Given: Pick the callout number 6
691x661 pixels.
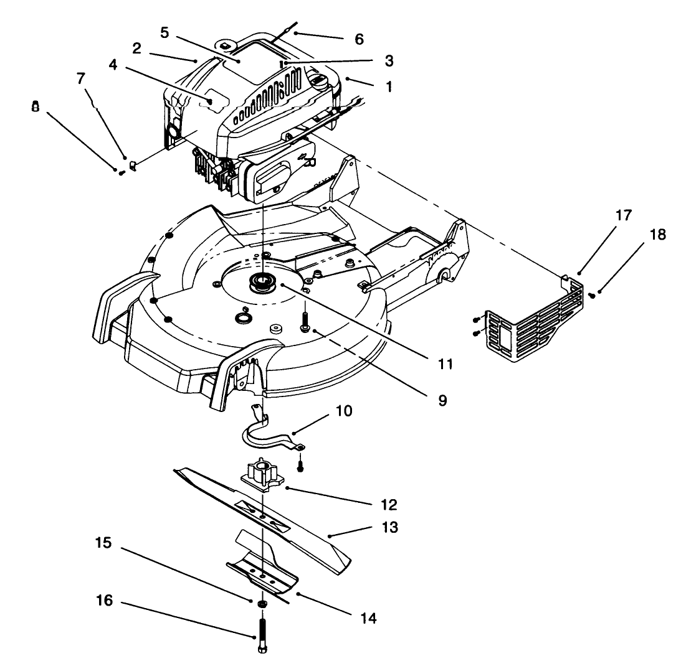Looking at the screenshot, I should [x=358, y=38].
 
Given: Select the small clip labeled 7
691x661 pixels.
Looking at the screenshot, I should [x=133, y=166].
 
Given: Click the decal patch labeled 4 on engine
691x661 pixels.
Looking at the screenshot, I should [x=212, y=101].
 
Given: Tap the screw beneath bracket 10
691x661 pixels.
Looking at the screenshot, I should [x=300, y=464].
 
